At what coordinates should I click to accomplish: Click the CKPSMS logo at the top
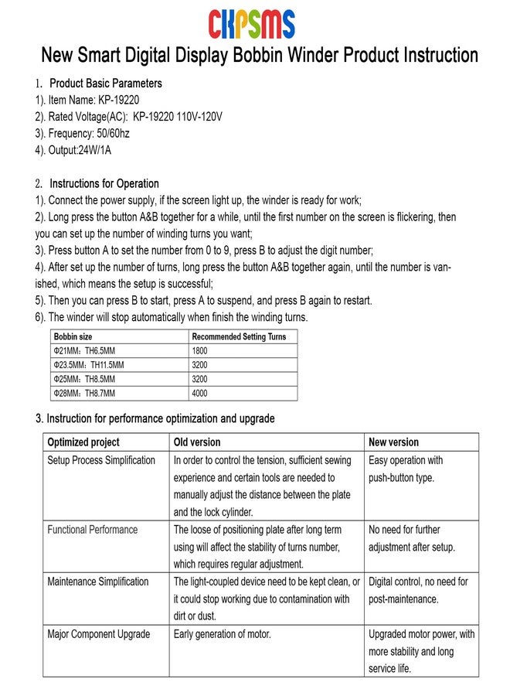tap(251, 24)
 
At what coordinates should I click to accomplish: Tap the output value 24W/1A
tap(94, 150)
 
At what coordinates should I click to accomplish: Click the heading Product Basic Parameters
tap(106, 84)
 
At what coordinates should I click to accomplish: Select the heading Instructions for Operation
tap(104, 184)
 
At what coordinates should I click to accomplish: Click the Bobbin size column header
tap(73, 337)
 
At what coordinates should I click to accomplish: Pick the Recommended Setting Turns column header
tap(239, 337)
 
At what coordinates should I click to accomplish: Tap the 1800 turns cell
tap(200, 351)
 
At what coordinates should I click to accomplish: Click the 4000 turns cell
tap(200, 394)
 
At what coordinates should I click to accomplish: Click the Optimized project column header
tap(83, 442)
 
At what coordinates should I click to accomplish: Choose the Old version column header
tap(197, 442)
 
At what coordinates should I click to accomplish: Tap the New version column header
tap(394, 442)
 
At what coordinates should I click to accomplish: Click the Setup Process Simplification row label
tap(101, 460)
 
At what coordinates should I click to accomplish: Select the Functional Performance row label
tap(93, 530)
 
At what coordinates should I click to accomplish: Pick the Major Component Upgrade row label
tap(99, 634)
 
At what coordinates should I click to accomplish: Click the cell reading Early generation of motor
tap(223, 634)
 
